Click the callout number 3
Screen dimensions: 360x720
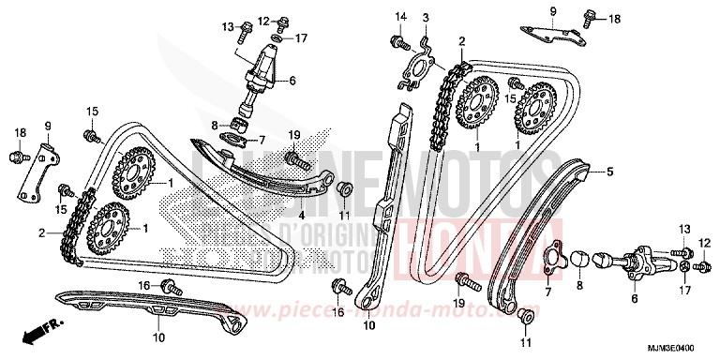(425, 18)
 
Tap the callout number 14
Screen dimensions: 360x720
(400, 17)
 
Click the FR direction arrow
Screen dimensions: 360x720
(36, 331)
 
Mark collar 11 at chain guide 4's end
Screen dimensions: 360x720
(345, 187)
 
